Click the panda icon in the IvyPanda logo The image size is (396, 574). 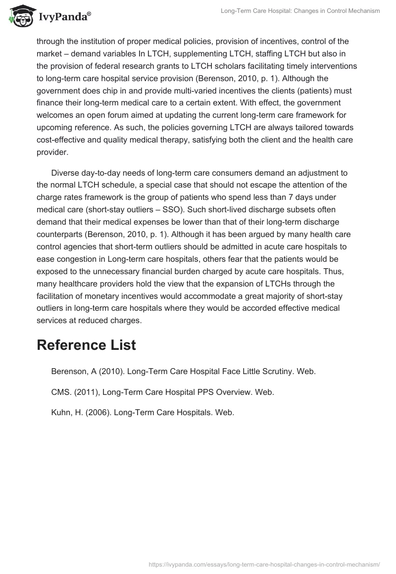point(19,16)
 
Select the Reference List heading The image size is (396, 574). point(86,345)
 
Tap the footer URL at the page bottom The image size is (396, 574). point(265,564)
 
